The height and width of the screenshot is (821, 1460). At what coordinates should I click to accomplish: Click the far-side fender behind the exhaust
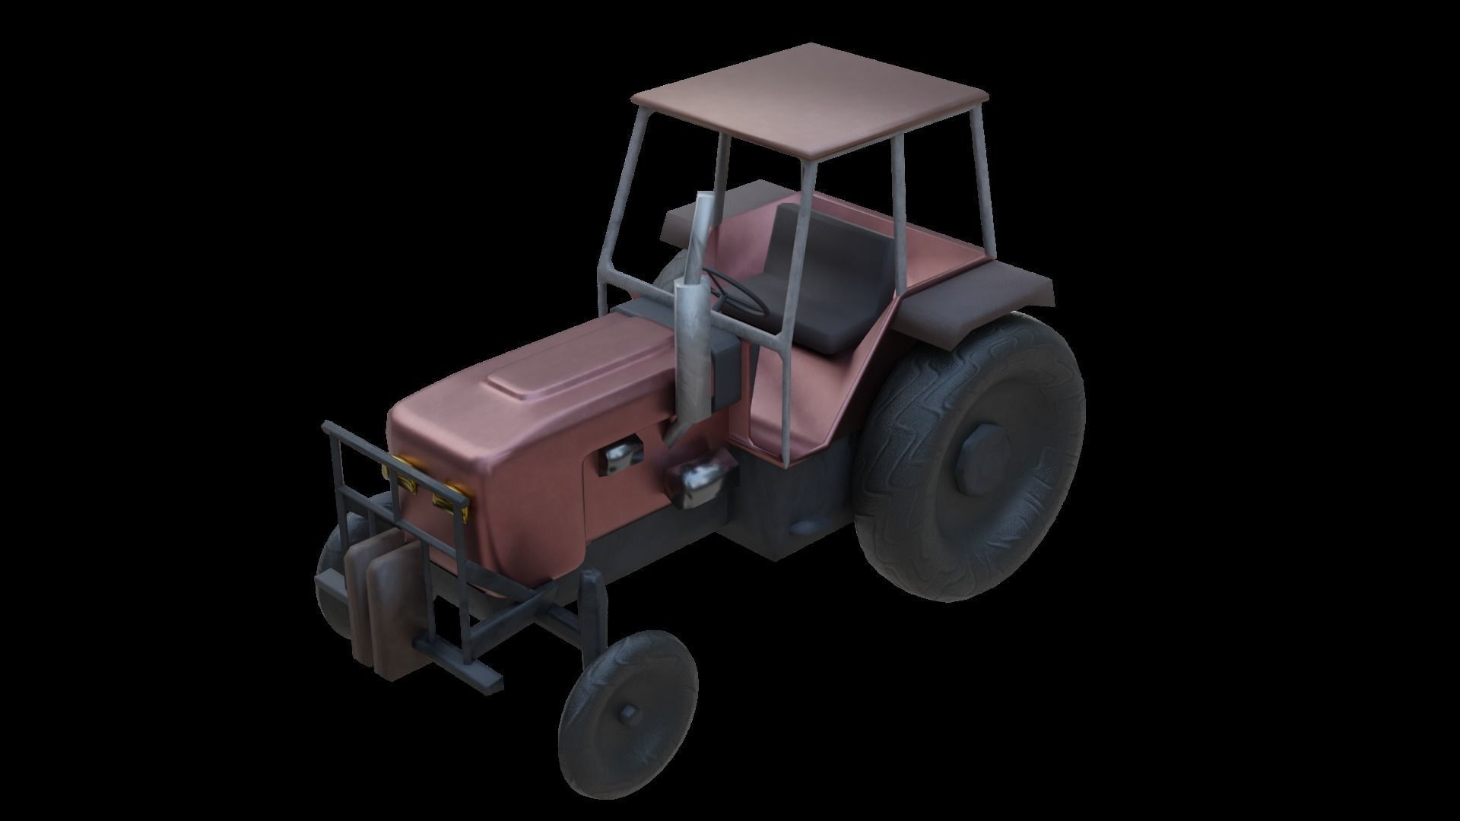point(707,213)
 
